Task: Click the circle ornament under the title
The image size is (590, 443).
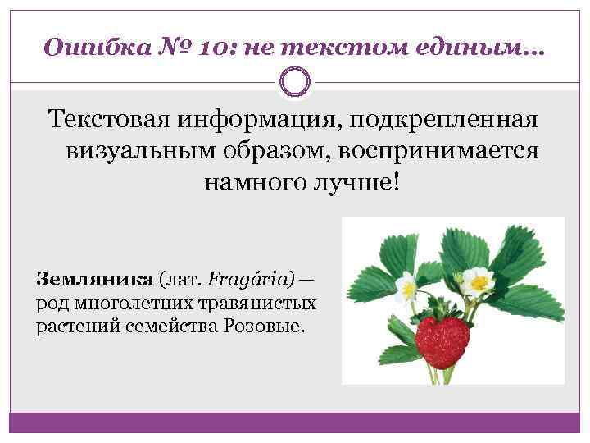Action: point(294,82)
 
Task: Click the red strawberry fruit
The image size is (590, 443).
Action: point(442,336)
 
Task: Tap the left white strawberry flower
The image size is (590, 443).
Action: point(406,287)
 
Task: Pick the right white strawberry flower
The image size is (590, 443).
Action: point(477,281)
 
